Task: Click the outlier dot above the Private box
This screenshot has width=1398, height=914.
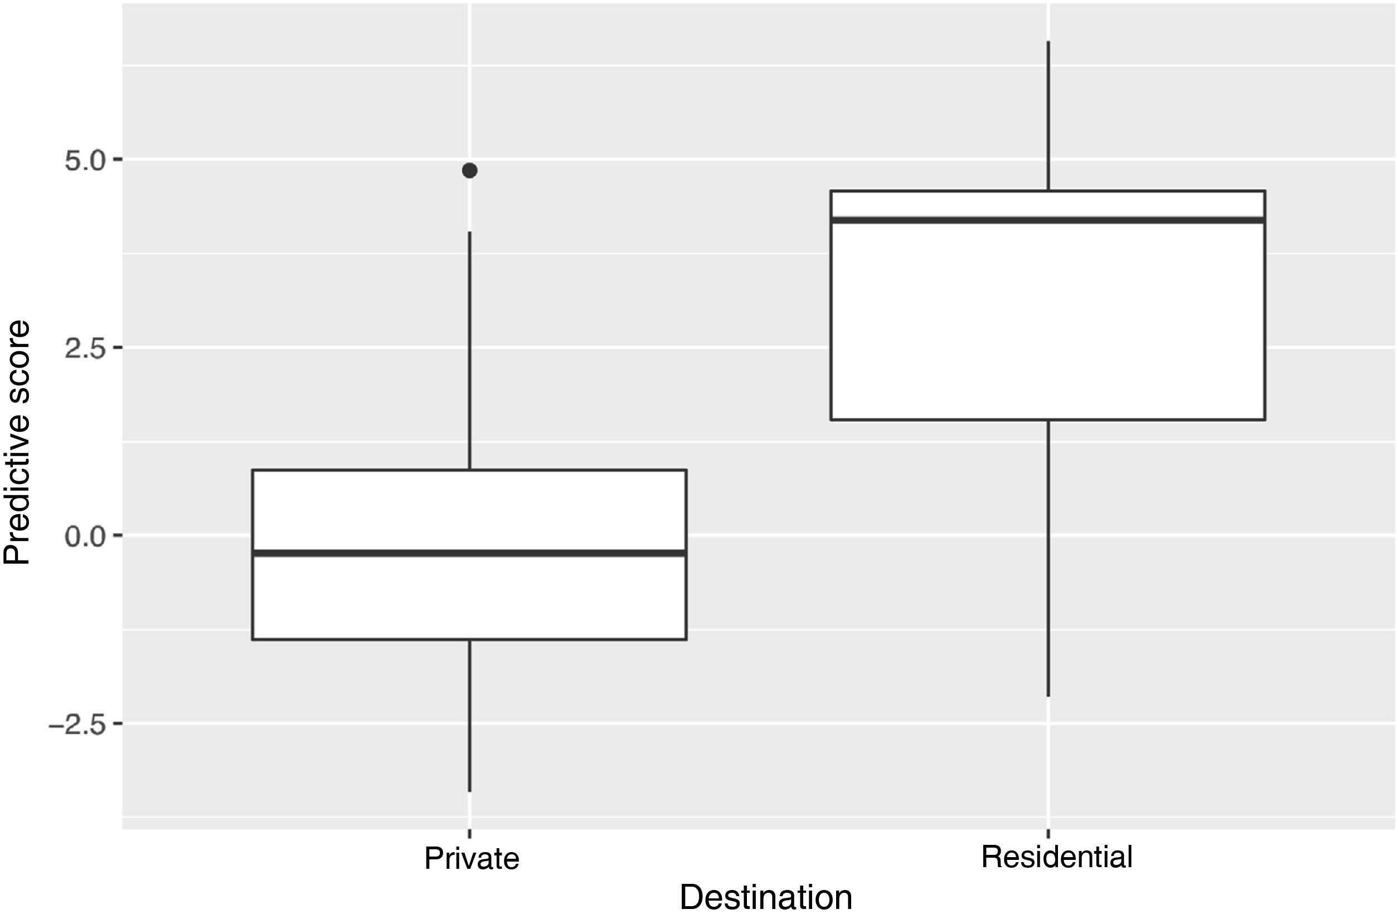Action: tap(469, 171)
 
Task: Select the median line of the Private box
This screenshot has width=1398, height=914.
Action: tap(469, 553)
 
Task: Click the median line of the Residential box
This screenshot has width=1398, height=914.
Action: tap(1048, 220)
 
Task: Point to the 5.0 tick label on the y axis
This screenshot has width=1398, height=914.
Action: tap(85, 161)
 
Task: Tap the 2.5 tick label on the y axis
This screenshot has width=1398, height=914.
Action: tap(85, 349)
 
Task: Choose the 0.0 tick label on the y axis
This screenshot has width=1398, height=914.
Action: tap(85, 536)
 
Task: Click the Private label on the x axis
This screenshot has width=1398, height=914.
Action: tap(472, 859)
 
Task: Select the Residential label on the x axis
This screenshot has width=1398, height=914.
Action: tap(1056, 857)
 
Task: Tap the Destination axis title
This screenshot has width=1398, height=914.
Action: tap(765, 897)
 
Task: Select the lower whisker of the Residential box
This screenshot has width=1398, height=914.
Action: tap(1048, 558)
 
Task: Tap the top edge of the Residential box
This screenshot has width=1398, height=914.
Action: tap(1048, 191)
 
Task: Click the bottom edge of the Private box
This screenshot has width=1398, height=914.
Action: tap(469, 639)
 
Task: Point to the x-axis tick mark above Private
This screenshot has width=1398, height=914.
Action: tap(469, 833)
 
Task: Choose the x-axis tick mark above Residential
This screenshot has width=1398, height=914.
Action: tap(1048, 833)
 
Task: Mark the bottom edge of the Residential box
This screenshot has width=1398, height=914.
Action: tap(1048, 420)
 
